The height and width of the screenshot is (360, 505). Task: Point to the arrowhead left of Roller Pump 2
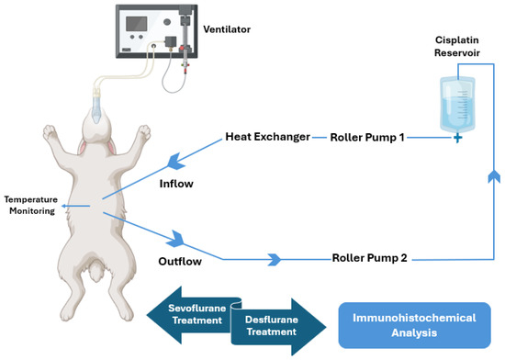pos(273,260)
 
